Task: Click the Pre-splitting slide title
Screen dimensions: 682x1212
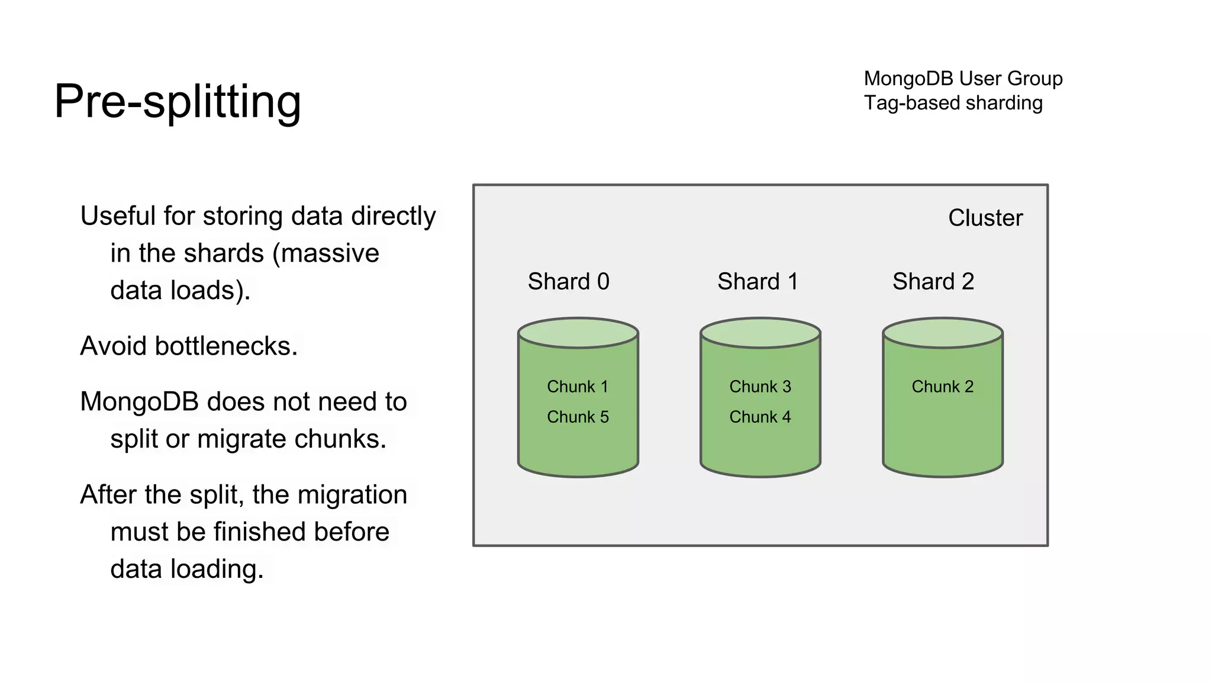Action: tap(178, 101)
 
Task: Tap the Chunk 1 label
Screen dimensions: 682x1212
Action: tap(578, 387)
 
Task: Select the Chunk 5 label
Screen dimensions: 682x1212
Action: tap(578, 417)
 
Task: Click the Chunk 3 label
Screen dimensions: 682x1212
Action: tap(760, 387)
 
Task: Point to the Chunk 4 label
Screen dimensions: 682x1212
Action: tap(760, 417)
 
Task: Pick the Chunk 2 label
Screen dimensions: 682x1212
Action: tap(942, 387)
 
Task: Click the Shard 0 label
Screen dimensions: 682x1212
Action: tap(568, 281)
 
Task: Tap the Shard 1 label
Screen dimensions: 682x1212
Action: tap(757, 281)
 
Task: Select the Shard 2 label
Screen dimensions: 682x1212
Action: tap(933, 281)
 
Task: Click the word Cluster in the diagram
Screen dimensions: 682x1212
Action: tap(985, 218)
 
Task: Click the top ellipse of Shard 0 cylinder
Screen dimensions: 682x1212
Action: tap(578, 333)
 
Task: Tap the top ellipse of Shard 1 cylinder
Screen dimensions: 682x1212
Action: tap(760, 333)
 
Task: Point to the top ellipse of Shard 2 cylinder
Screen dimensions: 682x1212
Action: tap(942, 333)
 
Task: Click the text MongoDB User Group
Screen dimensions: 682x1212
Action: tap(963, 78)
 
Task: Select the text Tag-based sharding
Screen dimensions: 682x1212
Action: tap(953, 103)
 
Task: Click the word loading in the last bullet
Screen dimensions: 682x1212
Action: tap(217, 569)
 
